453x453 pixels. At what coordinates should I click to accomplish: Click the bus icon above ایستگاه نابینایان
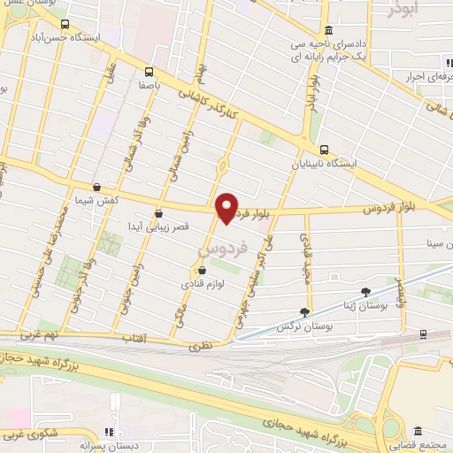[325, 150]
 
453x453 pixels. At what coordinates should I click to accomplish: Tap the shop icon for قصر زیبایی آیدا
[158, 212]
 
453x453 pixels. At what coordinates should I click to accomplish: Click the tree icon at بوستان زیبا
[366, 291]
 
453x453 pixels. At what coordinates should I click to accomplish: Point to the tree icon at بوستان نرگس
[305, 311]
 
